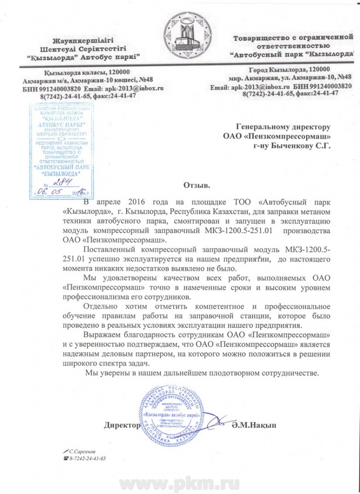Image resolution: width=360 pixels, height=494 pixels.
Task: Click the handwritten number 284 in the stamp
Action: [x=63, y=182]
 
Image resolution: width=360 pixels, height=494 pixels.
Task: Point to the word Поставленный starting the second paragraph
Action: [x=111, y=249]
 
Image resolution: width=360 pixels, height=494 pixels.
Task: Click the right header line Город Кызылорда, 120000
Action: [x=282, y=69]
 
